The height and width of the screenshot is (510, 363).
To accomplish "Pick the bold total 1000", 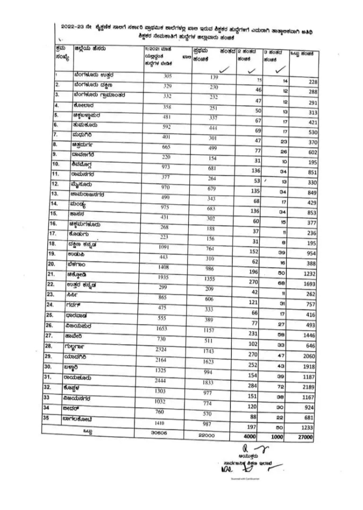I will point(278,437).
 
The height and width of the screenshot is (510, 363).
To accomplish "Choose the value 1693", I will point(307,284).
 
